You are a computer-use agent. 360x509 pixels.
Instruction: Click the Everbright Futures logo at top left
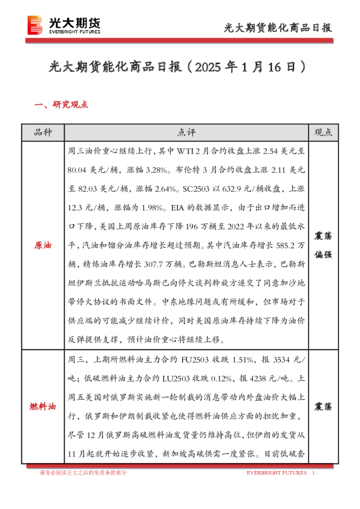coord(64,25)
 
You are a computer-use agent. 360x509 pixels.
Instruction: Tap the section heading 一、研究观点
coord(62,105)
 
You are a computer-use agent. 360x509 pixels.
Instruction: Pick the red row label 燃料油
coord(43,407)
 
